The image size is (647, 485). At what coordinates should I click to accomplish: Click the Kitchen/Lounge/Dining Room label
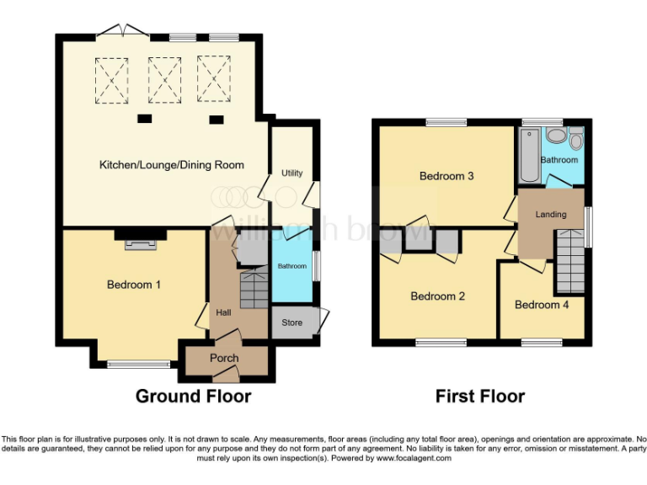point(172,165)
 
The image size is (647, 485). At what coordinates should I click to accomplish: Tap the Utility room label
point(291,173)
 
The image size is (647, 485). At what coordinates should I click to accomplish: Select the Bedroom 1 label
point(134,285)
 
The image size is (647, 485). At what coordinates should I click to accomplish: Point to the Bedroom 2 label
point(438,296)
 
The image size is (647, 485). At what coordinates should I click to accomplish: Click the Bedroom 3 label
point(446,176)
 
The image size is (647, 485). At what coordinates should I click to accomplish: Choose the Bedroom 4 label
point(542,304)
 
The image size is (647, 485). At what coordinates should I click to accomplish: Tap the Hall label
point(224,312)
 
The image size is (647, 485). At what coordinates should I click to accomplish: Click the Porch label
point(224,358)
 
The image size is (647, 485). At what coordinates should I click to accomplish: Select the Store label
point(291,322)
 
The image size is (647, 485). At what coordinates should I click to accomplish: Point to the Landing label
point(551,214)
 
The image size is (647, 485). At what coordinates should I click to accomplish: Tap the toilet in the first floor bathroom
point(576,139)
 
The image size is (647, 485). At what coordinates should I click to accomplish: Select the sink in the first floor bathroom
point(555,136)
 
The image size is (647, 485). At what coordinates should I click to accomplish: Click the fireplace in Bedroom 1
point(141,244)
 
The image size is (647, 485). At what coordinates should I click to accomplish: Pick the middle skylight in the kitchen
point(165,77)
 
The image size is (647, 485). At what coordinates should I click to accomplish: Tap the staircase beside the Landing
point(569,263)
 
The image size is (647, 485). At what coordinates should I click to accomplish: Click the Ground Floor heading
point(193,396)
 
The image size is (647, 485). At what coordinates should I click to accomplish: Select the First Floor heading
point(479,396)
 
